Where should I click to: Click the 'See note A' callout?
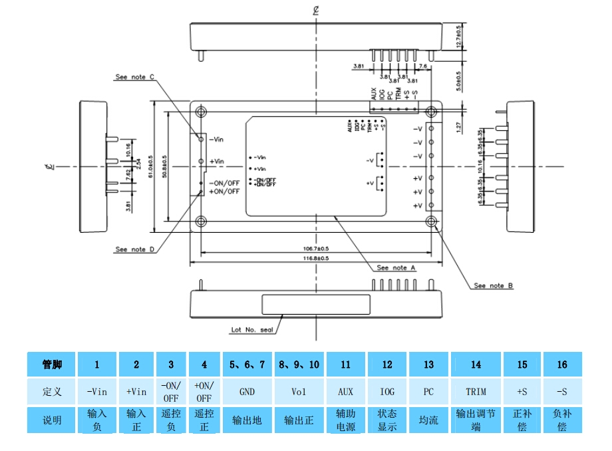coord(396,267)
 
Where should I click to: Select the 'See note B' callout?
coord(493,285)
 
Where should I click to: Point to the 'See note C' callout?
coord(134,77)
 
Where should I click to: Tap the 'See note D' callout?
coord(134,249)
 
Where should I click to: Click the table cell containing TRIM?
coord(476,392)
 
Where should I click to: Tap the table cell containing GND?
coord(247,392)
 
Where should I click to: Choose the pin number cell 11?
coord(345,365)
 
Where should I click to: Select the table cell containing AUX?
coord(345,392)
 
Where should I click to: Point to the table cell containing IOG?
coord(387,392)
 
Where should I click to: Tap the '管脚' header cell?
coord(52,365)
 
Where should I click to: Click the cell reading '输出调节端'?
coord(476,420)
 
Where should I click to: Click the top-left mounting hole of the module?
coord(202,111)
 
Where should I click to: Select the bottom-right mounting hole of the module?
coord(432,221)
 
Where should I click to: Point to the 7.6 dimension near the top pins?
coord(423,67)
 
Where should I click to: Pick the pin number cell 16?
coord(562,365)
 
